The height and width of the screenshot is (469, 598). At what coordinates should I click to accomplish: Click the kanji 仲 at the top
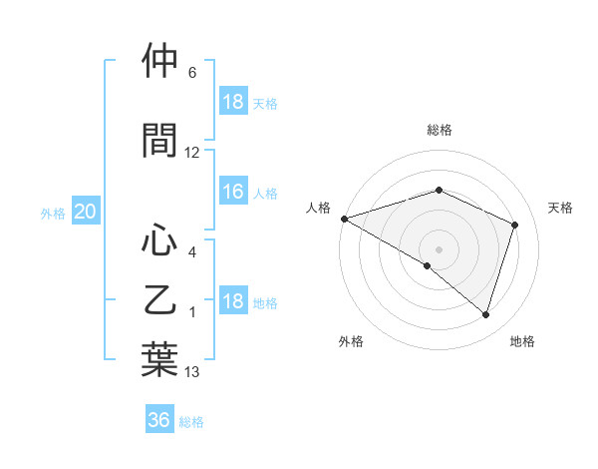[x=159, y=61]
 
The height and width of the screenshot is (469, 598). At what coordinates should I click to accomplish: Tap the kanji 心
[x=159, y=240]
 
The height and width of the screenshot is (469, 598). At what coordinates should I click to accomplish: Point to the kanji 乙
[x=159, y=298]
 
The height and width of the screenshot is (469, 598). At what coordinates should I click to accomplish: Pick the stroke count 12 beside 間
[x=192, y=153]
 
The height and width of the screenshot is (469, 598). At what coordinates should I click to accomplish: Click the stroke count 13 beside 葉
[x=192, y=372]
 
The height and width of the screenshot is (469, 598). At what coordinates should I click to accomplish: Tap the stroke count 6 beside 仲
[x=191, y=73]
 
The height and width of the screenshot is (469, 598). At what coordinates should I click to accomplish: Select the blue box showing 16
[x=233, y=193]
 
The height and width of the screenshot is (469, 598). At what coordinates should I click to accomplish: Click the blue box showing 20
[x=86, y=211]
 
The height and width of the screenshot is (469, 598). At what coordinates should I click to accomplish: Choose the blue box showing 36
[x=159, y=420]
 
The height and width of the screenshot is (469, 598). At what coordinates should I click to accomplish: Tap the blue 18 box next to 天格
[x=233, y=102]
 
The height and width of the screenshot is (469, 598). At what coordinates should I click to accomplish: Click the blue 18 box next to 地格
[x=233, y=302]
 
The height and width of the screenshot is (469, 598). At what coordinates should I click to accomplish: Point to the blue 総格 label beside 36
[x=192, y=422]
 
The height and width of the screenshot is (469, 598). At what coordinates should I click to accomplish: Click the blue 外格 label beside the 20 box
[x=53, y=213]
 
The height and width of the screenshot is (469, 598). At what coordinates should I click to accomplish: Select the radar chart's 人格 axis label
[x=319, y=208]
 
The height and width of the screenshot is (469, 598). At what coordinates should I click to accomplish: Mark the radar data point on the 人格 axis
[x=344, y=219]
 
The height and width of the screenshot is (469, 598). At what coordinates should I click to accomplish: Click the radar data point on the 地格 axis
[x=485, y=315]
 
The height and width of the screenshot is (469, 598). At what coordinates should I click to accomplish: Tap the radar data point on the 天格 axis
[x=515, y=225]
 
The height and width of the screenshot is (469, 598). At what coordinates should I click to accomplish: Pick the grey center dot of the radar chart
[x=439, y=248]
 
